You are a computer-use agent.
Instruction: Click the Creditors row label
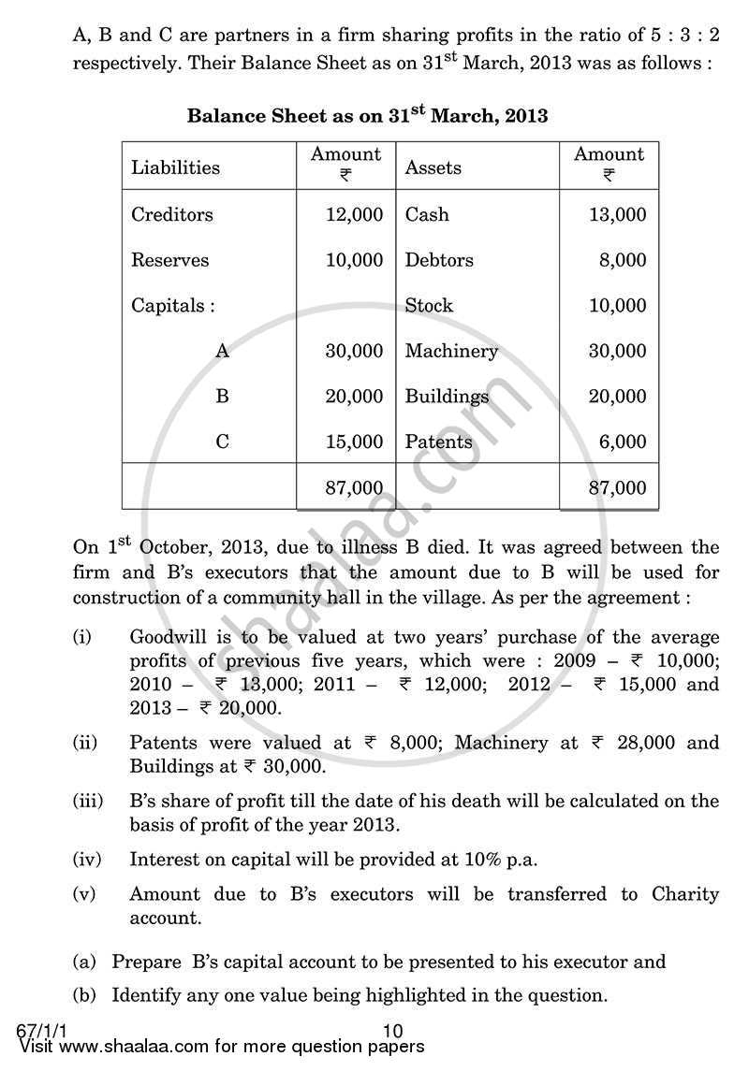pyautogui.click(x=172, y=214)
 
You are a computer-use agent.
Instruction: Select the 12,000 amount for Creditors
pyautogui.click(x=354, y=214)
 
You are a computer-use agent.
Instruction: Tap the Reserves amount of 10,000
pyautogui.click(x=354, y=260)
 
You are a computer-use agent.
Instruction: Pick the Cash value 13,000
pyautogui.click(x=617, y=214)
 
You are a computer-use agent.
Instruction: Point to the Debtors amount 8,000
pyautogui.click(x=623, y=260)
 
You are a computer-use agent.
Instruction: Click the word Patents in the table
pyautogui.click(x=438, y=441)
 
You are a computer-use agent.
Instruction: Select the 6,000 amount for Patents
pyautogui.click(x=623, y=441)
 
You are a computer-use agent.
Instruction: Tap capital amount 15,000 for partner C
pyautogui.click(x=354, y=441)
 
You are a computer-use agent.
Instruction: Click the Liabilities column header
pyautogui.click(x=175, y=167)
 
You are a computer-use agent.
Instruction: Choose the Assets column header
pyautogui.click(x=433, y=167)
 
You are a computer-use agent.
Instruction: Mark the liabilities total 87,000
pyautogui.click(x=354, y=487)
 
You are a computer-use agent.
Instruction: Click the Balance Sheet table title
pyautogui.click(x=367, y=116)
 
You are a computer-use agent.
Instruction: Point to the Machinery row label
pyautogui.click(x=451, y=351)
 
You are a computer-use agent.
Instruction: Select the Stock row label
pyautogui.click(x=429, y=305)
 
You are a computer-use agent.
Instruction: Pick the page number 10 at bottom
pyautogui.click(x=393, y=1030)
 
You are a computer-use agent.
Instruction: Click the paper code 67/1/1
pyautogui.click(x=38, y=1030)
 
